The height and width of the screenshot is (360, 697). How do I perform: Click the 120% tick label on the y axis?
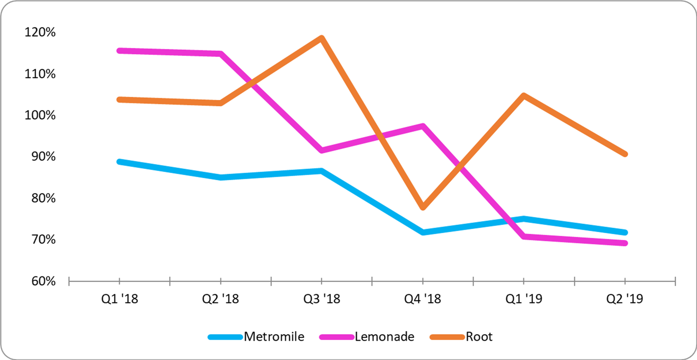click(x=40, y=33)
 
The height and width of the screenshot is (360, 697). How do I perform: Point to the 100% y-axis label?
click(x=40, y=116)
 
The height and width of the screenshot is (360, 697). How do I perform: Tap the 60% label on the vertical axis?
click(x=43, y=281)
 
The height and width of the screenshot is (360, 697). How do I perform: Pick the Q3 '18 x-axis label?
click(x=322, y=298)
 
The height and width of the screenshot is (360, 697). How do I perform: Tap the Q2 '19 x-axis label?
click(x=625, y=298)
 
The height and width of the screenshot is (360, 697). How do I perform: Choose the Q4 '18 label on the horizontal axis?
click(x=423, y=298)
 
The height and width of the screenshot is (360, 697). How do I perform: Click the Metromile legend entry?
click(x=274, y=337)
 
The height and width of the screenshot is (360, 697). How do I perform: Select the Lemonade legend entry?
click(x=385, y=337)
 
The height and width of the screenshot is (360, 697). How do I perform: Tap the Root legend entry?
click(x=479, y=337)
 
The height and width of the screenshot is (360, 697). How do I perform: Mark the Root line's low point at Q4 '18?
click(x=423, y=207)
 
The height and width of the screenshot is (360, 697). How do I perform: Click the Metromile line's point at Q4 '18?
click(x=423, y=232)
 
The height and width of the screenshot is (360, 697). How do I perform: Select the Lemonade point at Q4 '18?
click(x=423, y=126)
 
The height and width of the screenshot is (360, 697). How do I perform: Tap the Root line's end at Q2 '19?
click(x=625, y=154)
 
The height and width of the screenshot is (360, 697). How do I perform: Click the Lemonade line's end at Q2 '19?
click(x=625, y=243)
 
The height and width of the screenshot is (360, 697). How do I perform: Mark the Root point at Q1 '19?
click(x=524, y=96)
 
